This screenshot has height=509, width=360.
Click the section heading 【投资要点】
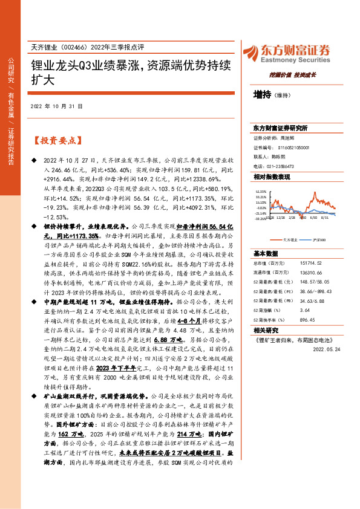[x=56, y=141]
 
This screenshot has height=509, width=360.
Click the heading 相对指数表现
[x=272, y=177]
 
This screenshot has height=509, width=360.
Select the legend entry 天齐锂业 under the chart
[x=283, y=239]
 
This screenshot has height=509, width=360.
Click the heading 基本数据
[x=266, y=253]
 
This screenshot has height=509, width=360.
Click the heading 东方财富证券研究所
[x=280, y=128]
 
